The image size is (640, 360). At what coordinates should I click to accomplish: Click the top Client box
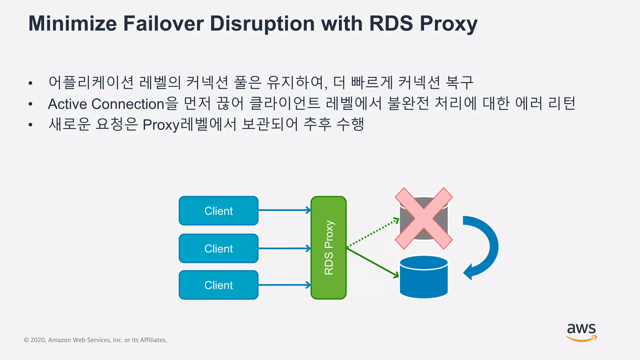(x=218, y=211)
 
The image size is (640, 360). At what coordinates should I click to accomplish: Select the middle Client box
(x=218, y=248)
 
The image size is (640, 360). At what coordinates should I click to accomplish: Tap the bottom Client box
(x=218, y=285)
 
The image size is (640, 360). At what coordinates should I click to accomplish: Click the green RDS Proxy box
(x=328, y=247)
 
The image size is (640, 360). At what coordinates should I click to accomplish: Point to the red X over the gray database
(x=423, y=218)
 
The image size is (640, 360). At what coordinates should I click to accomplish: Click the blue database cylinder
(x=423, y=277)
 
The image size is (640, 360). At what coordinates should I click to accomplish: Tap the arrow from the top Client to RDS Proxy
(x=284, y=210)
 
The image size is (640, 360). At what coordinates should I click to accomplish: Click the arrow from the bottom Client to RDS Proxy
(x=284, y=285)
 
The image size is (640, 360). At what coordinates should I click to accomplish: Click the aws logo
(x=581, y=332)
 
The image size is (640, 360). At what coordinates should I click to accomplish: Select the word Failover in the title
(x=163, y=24)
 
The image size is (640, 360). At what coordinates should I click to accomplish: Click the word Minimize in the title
(x=72, y=24)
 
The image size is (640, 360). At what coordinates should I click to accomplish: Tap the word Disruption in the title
(x=262, y=24)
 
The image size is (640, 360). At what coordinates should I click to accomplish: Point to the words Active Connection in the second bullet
(x=106, y=104)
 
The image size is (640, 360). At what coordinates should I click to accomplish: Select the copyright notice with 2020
(x=95, y=340)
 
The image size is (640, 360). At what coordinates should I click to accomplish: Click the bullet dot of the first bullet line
(x=30, y=83)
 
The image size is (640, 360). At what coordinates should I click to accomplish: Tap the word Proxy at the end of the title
(x=448, y=24)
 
